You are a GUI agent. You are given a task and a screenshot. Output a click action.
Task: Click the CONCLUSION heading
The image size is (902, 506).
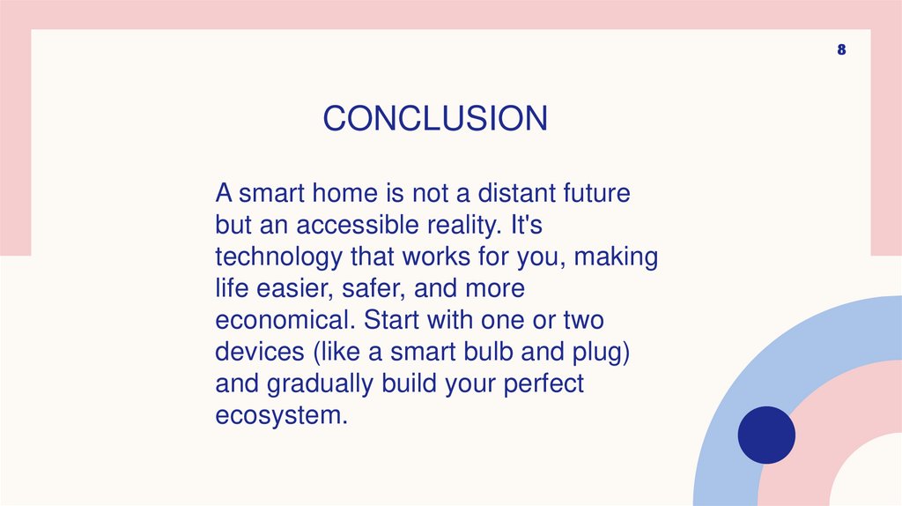point(434,118)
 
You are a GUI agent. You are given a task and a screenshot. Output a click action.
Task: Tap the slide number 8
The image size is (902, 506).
point(841,50)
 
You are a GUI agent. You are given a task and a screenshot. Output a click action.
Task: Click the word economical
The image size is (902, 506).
point(285,320)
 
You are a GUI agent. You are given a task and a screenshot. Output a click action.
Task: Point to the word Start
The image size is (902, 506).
point(396,320)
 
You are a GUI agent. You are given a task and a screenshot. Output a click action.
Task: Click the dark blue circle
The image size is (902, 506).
point(765,435)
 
